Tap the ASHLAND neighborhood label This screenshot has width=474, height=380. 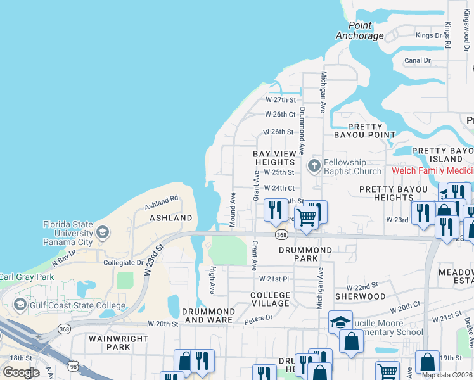point(170,218)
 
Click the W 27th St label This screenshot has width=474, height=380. point(281,100)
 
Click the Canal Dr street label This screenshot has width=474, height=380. point(418,61)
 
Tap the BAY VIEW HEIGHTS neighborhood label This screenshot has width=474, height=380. point(274,158)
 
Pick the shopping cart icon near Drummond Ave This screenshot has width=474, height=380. point(307,217)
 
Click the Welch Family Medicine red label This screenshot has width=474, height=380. point(432,171)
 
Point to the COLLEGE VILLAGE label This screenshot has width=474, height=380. point(270,300)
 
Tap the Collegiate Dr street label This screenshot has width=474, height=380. point(124,262)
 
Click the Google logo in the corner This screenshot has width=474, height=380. point(21,372)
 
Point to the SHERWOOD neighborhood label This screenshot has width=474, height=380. point(360,296)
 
